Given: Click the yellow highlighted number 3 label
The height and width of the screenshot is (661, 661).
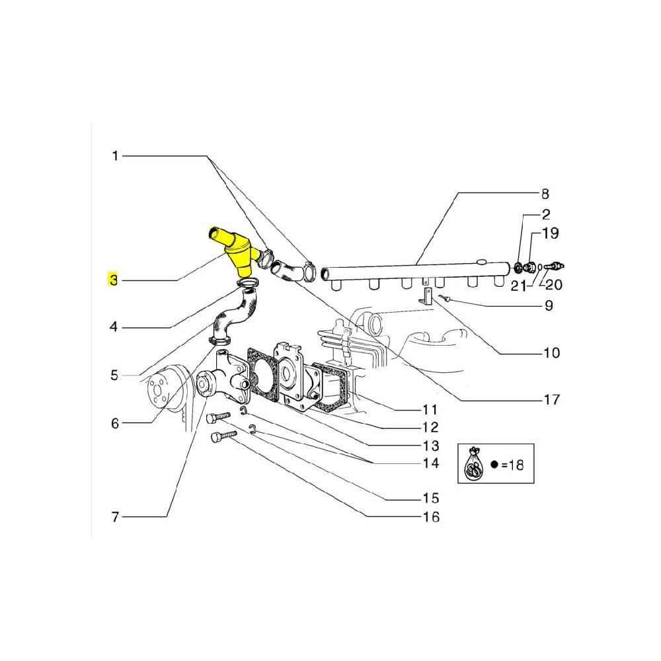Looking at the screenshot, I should coord(113,280).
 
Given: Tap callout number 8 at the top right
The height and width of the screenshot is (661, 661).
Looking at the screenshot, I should coord(545,194).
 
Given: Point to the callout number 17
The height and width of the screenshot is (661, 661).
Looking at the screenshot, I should coord(551,399).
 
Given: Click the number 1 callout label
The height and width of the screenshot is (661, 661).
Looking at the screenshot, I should coord(114,157).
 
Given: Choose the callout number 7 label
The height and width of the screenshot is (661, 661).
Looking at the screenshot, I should coord(114,516).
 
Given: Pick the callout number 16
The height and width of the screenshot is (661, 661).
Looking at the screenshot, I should coord(431,516).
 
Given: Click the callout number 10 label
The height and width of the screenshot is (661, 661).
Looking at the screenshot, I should coord(551,353).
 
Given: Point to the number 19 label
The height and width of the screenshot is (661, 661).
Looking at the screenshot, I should coord(551,233).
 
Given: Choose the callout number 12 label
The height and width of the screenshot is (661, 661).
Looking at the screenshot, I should coord(430,426).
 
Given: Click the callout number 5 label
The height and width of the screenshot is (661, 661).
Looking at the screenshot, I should coord(114,375).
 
